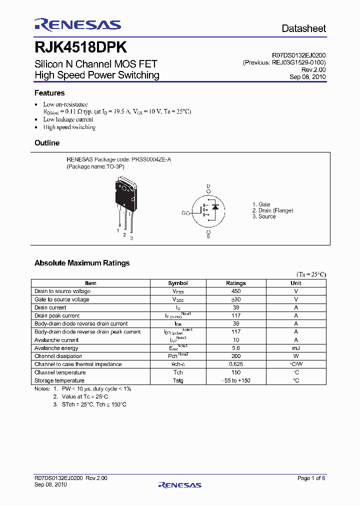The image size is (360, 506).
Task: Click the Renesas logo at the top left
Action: (77, 25)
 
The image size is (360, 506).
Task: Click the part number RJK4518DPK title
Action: (80, 47)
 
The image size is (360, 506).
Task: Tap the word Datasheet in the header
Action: (303, 28)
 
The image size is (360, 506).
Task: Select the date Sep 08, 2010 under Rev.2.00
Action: (307, 77)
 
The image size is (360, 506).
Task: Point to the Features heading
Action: (49, 93)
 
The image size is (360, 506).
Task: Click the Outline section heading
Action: (47, 143)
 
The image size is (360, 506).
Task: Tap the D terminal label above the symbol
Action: (208, 185)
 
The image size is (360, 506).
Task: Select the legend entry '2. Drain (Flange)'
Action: (272, 210)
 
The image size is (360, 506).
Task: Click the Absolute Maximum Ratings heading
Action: (82, 263)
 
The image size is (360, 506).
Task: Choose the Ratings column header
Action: (236, 283)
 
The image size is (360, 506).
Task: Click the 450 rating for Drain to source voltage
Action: (236, 291)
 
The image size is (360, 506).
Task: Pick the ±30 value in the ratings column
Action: (236, 299)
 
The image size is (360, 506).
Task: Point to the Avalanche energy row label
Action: (56, 348)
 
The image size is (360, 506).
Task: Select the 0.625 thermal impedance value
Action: (236, 364)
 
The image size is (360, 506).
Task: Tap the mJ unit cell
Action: (296, 348)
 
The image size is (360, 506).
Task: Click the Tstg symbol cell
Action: (178, 380)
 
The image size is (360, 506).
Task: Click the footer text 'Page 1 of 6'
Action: (311, 478)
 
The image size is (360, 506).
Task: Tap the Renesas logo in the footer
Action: (179, 484)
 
